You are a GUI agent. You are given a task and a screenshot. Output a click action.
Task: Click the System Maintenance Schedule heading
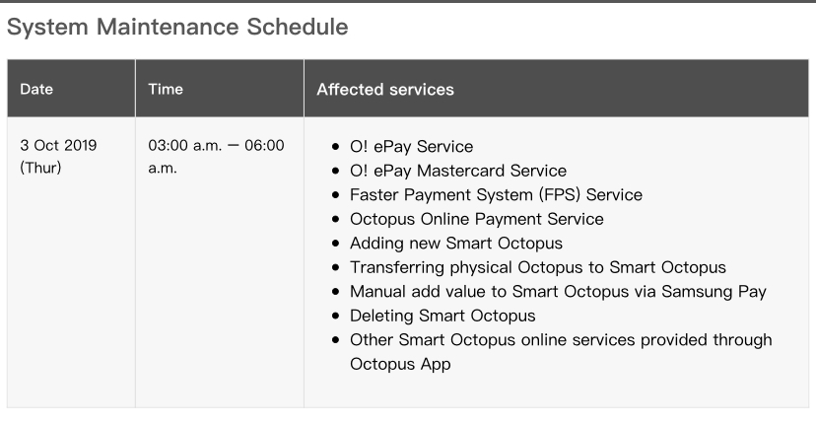click(x=177, y=27)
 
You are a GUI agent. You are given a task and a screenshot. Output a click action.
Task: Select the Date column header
click(x=36, y=89)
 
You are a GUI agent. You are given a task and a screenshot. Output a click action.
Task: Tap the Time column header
click(x=166, y=89)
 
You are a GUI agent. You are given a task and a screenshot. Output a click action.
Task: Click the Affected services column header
click(x=385, y=90)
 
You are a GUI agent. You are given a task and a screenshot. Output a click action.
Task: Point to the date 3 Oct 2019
click(x=58, y=145)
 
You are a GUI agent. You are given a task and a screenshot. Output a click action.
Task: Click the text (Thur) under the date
click(x=40, y=168)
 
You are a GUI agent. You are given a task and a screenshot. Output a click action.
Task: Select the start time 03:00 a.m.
click(x=184, y=145)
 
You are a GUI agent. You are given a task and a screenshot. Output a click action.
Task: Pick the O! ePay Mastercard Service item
click(x=458, y=171)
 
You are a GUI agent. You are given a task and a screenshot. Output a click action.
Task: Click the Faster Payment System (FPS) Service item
click(x=496, y=195)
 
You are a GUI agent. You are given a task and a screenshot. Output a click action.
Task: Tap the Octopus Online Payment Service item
click(x=477, y=219)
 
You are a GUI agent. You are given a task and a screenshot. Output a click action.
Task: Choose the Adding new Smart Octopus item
click(x=456, y=244)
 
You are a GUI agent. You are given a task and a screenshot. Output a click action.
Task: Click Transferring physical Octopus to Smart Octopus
click(x=537, y=267)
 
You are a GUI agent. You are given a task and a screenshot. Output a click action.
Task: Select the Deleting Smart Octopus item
click(x=442, y=316)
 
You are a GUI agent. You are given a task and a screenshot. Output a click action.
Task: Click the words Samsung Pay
click(x=714, y=292)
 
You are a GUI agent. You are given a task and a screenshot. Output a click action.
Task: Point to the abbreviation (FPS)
click(x=560, y=195)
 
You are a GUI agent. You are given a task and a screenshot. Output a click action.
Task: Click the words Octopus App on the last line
click(x=400, y=364)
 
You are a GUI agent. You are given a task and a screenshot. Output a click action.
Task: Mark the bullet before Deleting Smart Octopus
click(x=336, y=317)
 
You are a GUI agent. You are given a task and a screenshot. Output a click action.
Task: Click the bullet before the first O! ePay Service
click(x=336, y=147)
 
